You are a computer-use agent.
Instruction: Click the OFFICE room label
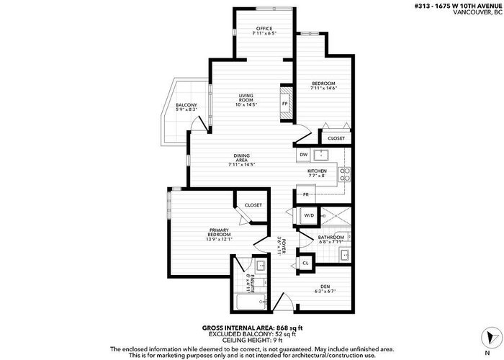pos(264,29)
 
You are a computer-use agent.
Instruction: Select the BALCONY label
pos(186,105)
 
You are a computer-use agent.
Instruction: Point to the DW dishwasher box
pos(304,155)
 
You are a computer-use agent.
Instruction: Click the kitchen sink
pos(321,155)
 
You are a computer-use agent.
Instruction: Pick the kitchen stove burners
pos(345,174)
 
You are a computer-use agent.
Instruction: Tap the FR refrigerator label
pos(306,194)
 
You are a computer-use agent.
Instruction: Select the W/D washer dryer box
pos(309,215)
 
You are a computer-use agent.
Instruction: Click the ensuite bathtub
pos(251,302)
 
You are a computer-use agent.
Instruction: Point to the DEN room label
pos(325,287)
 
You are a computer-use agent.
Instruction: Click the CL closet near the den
pos(305,264)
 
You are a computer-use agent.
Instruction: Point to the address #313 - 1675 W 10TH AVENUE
pos(458,6)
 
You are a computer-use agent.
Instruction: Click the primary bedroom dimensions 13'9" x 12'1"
pos(219,239)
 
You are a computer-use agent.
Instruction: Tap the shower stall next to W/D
pos(336,216)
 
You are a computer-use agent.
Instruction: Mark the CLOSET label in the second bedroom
pos(336,138)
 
